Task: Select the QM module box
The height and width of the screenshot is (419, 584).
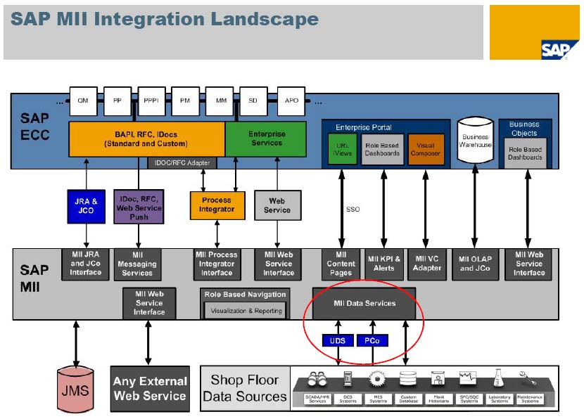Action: (83, 101)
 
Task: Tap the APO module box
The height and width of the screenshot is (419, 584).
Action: (291, 101)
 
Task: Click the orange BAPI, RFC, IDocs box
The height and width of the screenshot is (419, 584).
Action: (146, 139)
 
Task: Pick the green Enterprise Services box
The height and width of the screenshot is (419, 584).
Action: (266, 139)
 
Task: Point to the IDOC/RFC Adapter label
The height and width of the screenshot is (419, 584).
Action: (182, 163)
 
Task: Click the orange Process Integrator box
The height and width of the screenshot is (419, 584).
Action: (217, 205)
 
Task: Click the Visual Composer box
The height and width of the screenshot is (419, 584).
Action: (426, 149)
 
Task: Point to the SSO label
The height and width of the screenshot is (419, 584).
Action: (353, 209)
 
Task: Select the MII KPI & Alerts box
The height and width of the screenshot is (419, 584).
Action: (383, 264)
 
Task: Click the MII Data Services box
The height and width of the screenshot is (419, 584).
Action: (364, 303)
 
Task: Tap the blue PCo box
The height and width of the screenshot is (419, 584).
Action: (372, 340)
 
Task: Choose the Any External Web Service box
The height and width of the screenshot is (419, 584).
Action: (149, 388)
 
